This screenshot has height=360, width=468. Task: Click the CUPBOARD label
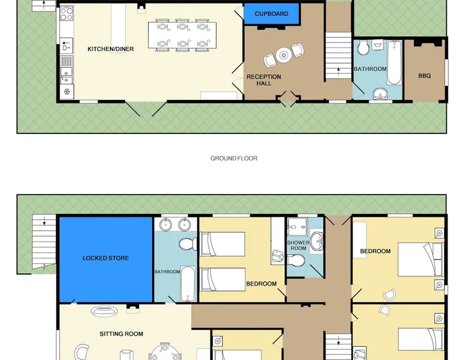pyautogui.click(x=271, y=14)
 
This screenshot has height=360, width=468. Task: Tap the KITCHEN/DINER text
pyautogui.click(x=111, y=49)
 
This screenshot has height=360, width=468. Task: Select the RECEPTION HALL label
pyautogui.click(x=264, y=80)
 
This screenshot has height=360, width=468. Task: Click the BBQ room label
pyautogui.click(x=425, y=76)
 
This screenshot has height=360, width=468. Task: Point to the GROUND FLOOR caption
pyautogui.click(x=234, y=159)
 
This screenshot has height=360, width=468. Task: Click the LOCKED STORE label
pyautogui.click(x=106, y=258)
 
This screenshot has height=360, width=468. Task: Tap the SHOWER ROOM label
pyautogui.click(x=298, y=245)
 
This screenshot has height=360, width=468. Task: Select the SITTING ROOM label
pyautogui.click(x=121, y=334)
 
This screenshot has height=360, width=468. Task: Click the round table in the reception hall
pyautogui.click(x=283, y=55)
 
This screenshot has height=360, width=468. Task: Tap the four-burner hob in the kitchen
pyautogui.click(x=67, y=14)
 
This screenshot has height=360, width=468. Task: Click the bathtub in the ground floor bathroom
pyautogui.click(x=394, y=63)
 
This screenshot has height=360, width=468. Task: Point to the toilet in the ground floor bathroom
pyautogui.click(x=363, y=47)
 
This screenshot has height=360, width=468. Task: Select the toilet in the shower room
pyautogui.click(x=296, y=260)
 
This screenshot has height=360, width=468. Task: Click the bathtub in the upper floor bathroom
pyautogui.click(x=188, y=284)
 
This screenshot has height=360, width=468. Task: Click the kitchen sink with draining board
pyautogui.click(x=67, y=66)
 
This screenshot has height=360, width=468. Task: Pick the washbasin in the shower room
pyautogui.click(x=316, y=241)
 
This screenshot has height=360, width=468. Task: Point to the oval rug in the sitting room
pyautogui.click(x=104, y=312)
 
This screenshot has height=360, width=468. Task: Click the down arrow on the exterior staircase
pyautogui.click(x=44, y=221)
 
